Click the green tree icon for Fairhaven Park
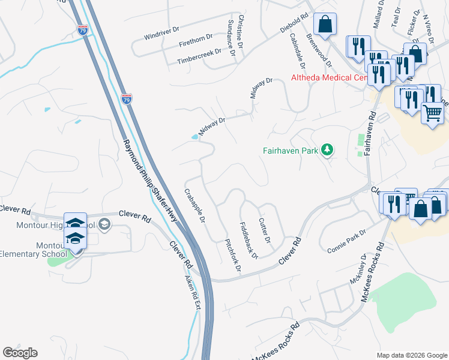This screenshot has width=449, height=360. coord(327,149)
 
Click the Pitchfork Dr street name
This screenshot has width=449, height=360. coord(232,254)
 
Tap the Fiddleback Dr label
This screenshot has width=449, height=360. coord(249,241)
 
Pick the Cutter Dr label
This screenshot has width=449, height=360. coord(265,230)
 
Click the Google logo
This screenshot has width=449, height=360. coord(20,353)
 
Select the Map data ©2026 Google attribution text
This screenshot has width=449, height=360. coord(411,355)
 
